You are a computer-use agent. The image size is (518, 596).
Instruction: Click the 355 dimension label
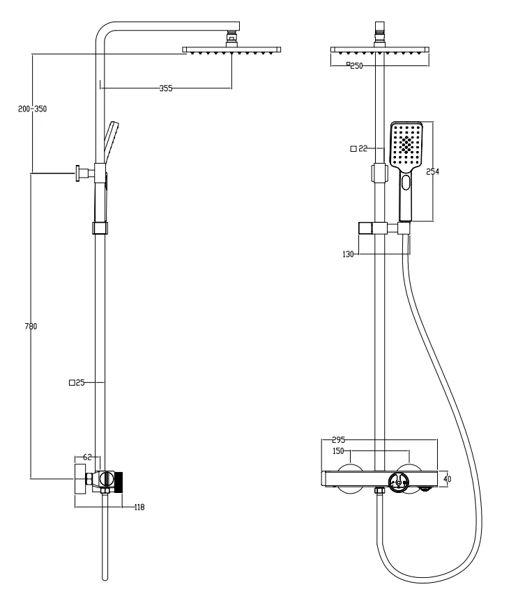point(165,88)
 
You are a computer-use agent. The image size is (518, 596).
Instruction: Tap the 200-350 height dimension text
point(32,109)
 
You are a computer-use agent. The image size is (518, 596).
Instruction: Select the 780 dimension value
point(31,326)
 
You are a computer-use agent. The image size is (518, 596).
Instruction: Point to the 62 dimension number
point(88,457)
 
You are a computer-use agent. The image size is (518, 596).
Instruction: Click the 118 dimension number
point(139,507)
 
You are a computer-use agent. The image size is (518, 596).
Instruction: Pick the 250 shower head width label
point(357,66)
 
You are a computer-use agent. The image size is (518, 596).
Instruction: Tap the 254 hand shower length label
point(432,172)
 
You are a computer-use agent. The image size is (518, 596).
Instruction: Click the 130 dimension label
point(348,254)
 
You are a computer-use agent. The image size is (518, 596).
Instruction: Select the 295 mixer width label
point(338,440)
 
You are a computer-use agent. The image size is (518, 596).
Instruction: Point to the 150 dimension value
point(338,451)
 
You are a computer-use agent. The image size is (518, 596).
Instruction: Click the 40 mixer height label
point(447,479)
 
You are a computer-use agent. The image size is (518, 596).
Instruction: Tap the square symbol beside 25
point(72,383)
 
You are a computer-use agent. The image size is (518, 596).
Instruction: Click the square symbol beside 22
point(353,148)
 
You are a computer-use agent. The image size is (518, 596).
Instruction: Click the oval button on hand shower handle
point(406,182)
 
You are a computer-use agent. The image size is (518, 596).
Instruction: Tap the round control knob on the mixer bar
point(399,483)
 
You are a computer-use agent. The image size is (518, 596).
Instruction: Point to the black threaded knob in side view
point(119,483)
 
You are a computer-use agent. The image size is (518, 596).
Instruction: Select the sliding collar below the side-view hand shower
point(100,228)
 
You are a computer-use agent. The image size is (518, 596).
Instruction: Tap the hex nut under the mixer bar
point(379,491)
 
